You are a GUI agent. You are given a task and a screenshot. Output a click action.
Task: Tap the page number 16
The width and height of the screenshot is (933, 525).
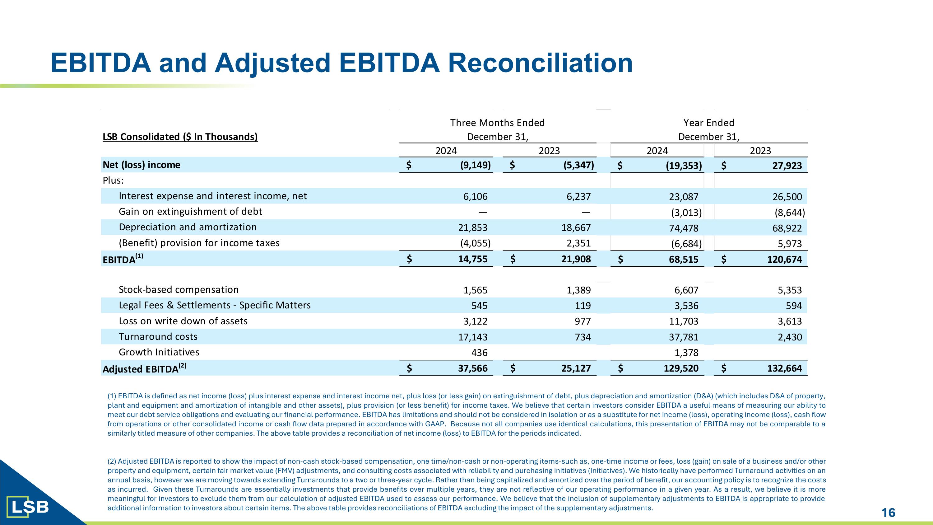pyautogui.click(x=888, y=513)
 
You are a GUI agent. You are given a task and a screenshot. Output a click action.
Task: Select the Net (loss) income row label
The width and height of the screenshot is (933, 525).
pyautogui.click(x=141, y=165)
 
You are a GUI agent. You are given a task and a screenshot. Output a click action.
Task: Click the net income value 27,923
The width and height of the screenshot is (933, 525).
pyautogui.click(x=787, y=166)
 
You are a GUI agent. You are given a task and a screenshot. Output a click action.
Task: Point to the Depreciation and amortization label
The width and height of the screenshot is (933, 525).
pyautogui.click(x=188, y=227)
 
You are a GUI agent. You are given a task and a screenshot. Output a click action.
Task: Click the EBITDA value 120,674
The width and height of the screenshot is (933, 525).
pyautogui.click(x=785, y=260)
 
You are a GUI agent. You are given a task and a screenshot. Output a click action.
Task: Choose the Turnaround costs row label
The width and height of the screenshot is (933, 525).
pyautogui.click(x=158, y=337)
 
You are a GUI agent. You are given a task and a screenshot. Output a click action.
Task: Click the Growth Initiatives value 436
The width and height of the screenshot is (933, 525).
pyautogui.click(x=479, y=353)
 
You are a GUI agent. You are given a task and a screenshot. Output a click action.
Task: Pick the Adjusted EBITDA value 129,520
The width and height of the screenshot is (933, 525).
pyautogui.click(x=681, y=368)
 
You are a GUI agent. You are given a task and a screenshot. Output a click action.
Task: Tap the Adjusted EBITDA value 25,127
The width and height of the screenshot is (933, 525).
pyautogui.click(x=576, y=368)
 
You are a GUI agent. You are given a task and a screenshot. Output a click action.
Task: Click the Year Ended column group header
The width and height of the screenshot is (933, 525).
pyautogui.click(x=709, y=123)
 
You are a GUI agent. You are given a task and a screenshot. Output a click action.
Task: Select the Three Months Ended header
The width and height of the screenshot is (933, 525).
pyautogui.click(x=497, y=123)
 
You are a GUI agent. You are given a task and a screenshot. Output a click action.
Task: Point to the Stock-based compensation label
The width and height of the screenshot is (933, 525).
pyautogui.click(x=179, y=289)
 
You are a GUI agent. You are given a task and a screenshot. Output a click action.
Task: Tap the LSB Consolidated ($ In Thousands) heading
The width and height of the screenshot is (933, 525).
pyautogui.click(x=180, y=137)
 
